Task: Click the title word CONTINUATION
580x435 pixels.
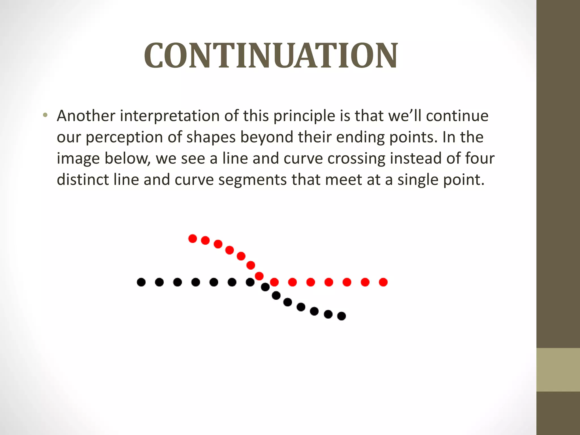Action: pos(271,56)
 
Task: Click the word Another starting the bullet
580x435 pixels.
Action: pos(86,116)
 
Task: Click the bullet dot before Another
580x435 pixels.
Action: pos(45,115)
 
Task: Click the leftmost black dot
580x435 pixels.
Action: pos(141,282)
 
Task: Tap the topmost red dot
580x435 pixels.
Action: pos(193,238)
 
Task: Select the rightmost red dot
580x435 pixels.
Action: pos(383,282)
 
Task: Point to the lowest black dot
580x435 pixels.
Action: pos(342,316)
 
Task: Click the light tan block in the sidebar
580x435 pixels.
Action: pos(558,370)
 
